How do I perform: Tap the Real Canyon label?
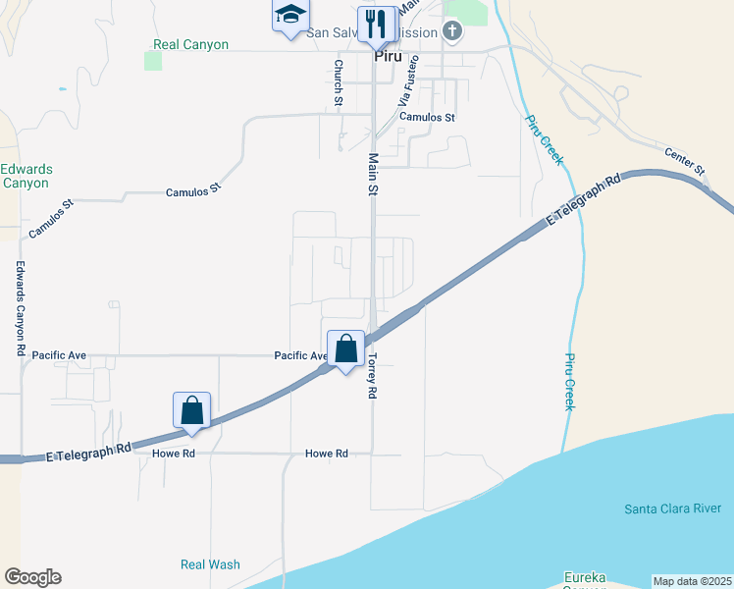[x=191, y=45]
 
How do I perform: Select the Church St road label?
[x=338, y=83]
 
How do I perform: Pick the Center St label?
[x=686, y=162]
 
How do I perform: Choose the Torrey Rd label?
[x=373, y=377]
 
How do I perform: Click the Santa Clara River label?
[x=673, y=509]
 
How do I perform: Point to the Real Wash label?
[x=210, y=564]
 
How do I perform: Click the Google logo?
[x=32, y=577]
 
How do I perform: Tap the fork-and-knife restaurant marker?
[x=375, y=23]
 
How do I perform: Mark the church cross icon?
[x=452, y=30]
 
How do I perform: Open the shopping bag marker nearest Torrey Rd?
[x=346, y=348]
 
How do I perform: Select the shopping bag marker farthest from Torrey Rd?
[x=192, y=409]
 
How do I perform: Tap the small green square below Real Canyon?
[x=153, y=61]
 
